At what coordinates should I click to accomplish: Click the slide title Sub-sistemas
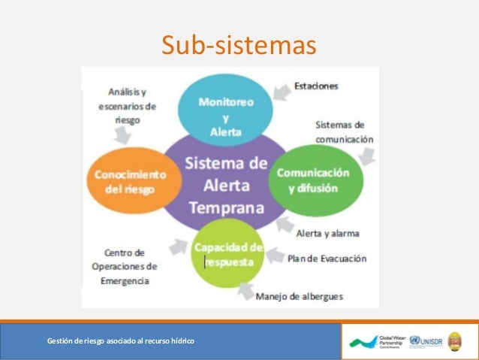point(239,45)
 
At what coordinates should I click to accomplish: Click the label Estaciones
point(315,86)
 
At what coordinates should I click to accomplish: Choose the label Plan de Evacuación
point(327,259)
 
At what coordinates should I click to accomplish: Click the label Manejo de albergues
point(300,296)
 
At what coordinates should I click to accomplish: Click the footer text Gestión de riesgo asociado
point(121,342)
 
